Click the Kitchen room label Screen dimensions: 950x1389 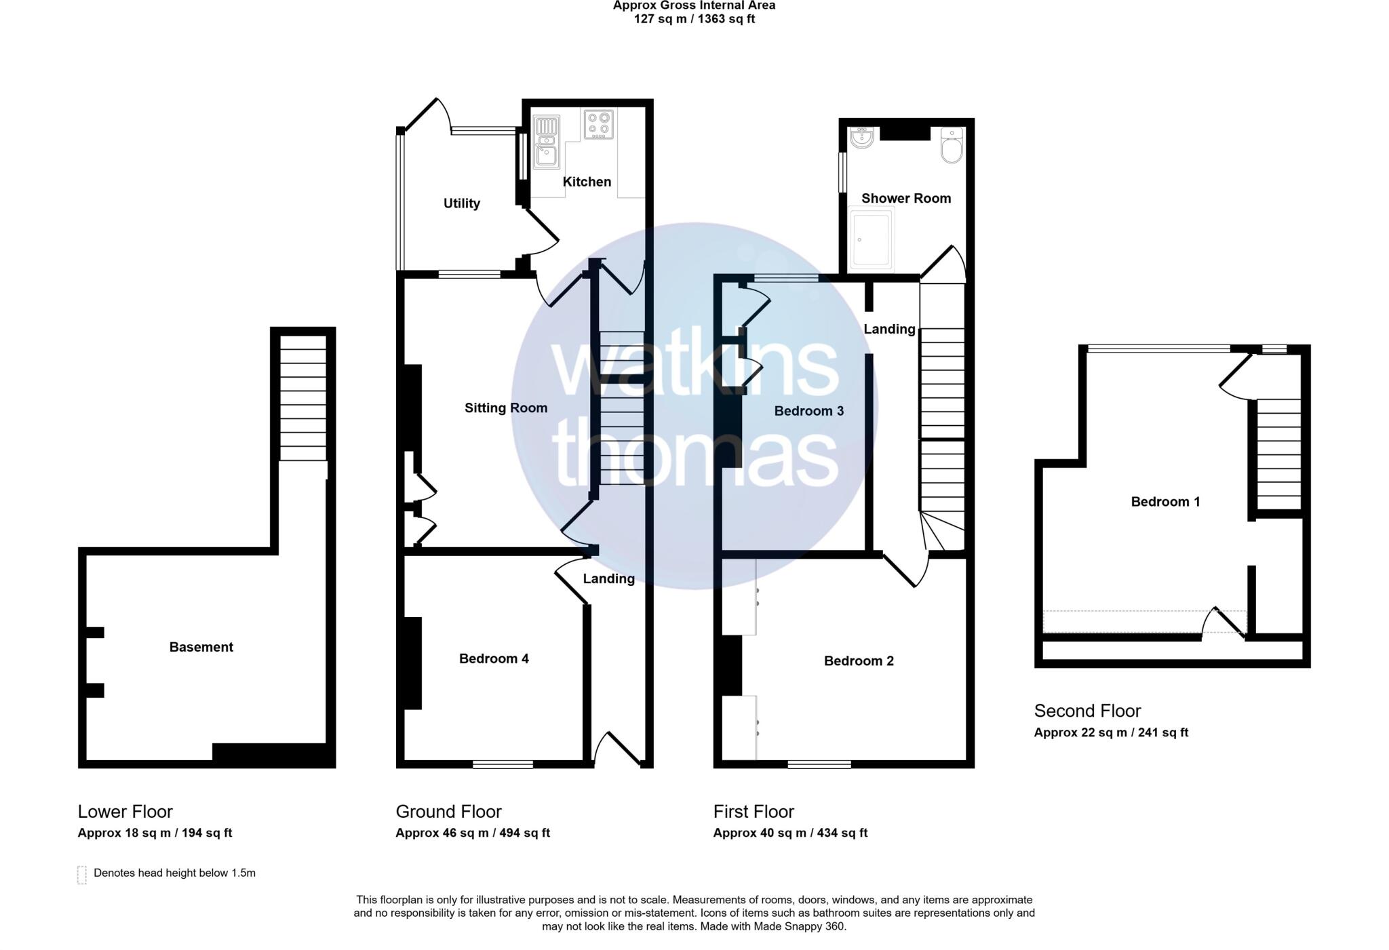click(587, 182)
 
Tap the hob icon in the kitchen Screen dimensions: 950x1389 click(598, 124)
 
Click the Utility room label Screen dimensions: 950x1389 click(461, 203)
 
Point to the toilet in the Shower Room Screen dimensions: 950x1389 click(952, 146)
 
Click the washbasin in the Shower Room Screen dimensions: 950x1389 click(862, 138)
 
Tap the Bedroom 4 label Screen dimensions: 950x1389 click(494, 658)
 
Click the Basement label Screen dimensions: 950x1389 click(201, 647)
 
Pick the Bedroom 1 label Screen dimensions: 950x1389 click(1165, 502)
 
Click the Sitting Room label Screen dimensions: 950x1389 click(505, 408)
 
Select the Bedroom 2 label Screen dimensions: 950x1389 click(859, 660)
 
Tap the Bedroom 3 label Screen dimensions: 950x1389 click(808, 411)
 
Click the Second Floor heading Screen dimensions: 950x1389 click(1087, 711)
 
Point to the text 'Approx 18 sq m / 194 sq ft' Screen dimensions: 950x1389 click(155, 833)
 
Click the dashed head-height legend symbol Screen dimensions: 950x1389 click(82, 875)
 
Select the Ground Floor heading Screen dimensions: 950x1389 click(448, 812)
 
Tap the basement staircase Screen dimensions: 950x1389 click(303, 400)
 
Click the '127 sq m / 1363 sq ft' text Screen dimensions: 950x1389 click(694, 19)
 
